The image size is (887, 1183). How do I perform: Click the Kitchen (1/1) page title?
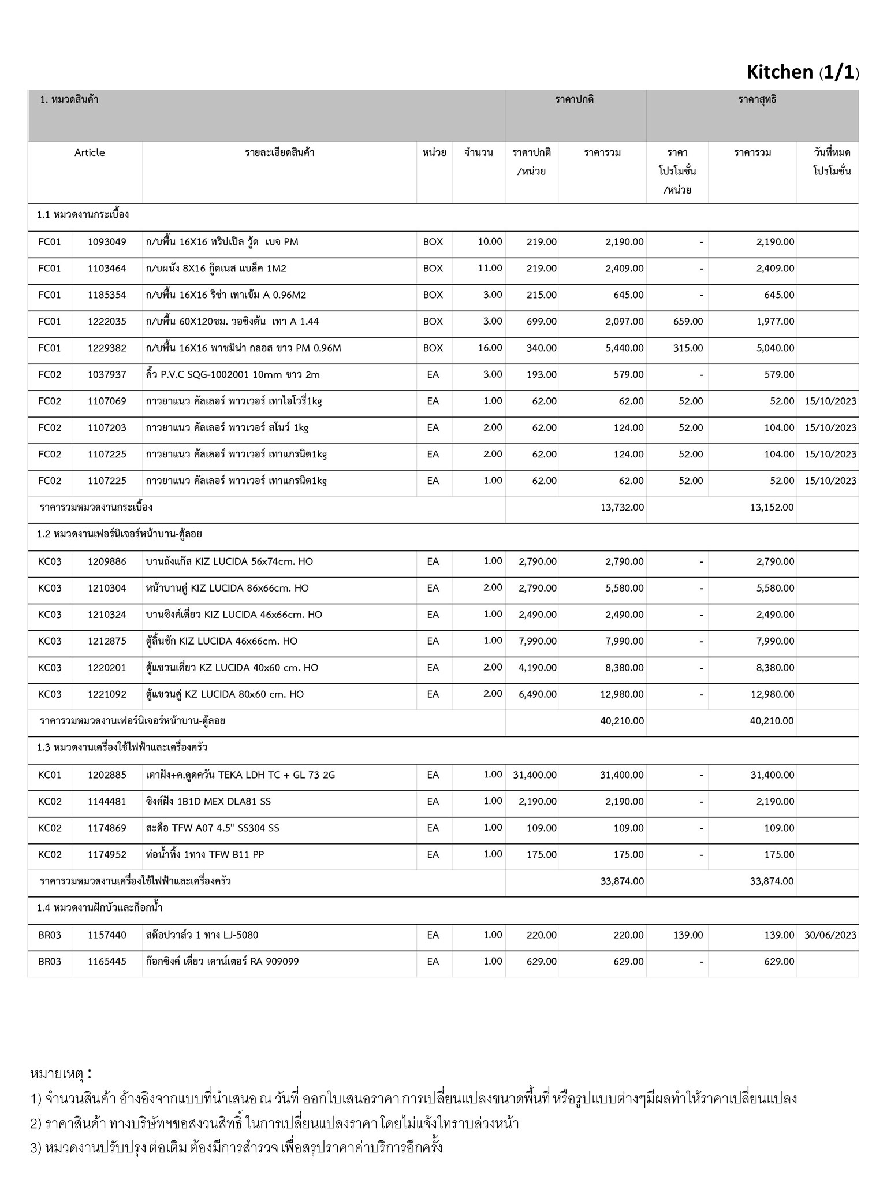(802, 72)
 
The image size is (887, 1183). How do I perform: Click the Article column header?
(90, 152)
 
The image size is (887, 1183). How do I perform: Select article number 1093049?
(107, 242)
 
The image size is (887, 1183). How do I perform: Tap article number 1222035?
(107, 322)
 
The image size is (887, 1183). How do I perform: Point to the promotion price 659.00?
(688, 322)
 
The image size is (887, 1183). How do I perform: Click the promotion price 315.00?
(688, 348)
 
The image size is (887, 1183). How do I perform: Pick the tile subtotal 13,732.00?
(622, 508)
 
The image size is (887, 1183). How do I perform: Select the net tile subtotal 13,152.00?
(772, 508)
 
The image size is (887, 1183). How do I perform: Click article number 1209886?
(107, 561)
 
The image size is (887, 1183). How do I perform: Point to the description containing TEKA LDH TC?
(240, 775)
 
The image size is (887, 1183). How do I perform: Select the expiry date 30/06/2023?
(830, 935)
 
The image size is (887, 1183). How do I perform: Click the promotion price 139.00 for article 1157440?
(688, 935)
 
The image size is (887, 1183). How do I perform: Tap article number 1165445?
(107, 962)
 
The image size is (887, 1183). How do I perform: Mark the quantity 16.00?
(490, 348)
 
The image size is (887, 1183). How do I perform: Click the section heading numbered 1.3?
(122, 747)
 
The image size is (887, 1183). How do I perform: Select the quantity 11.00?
(490, 268)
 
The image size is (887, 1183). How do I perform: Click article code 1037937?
(107, 375)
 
